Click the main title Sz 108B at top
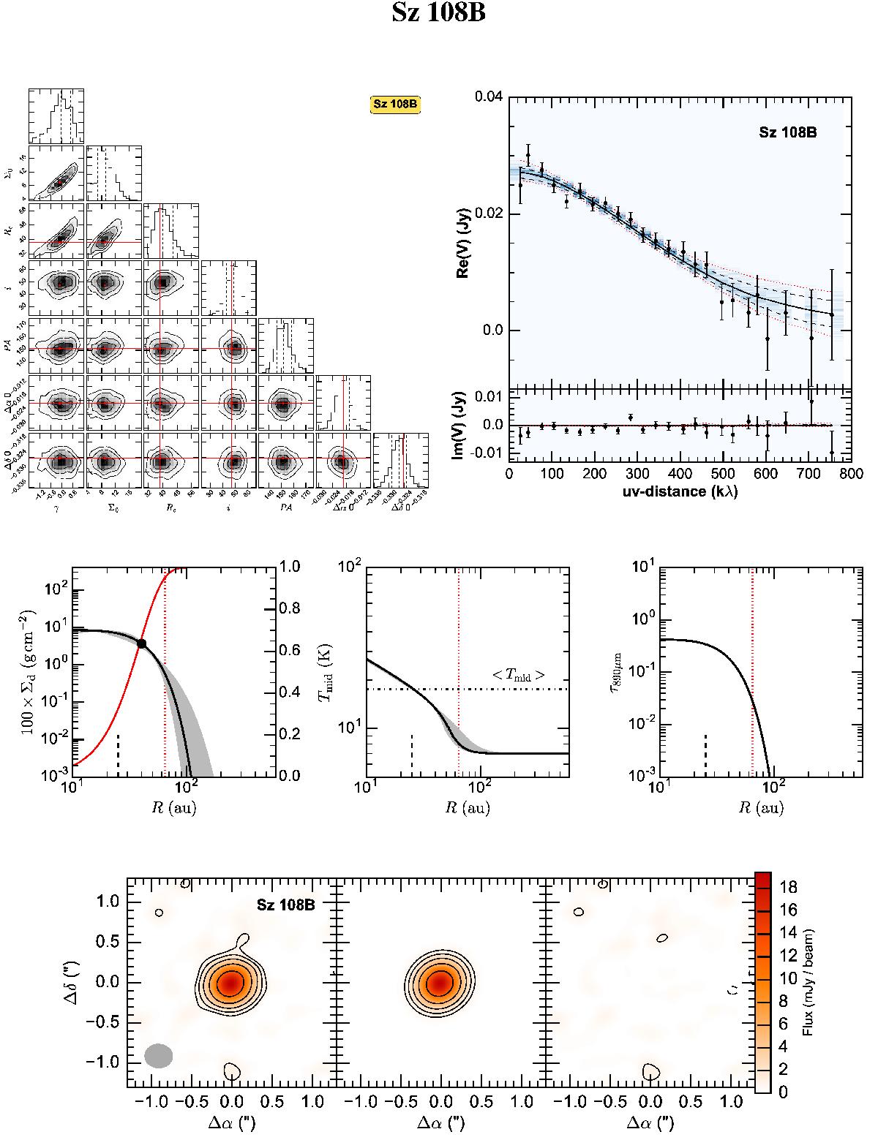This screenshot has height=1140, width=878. coord(439,14)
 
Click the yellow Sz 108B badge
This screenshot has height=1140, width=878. coord(396,104)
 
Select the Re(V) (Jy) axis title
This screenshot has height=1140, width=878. coord(463,241)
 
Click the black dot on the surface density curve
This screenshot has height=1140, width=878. coord(142,643)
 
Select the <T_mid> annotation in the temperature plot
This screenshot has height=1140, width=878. coord(518,676)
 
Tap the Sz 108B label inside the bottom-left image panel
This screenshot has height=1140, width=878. coord(285,905)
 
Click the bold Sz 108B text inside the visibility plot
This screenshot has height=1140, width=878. coord(787,133)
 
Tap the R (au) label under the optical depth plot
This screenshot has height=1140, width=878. coord(760,808)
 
